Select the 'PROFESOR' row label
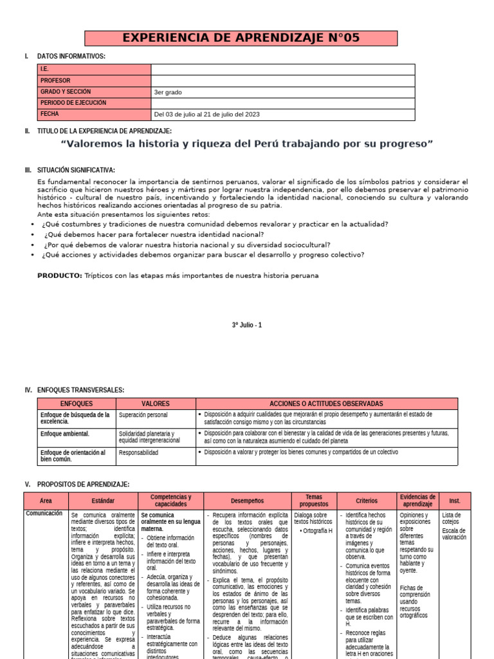[x=55, y=81]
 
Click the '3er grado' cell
[x=168, y=93]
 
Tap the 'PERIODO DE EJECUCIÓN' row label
[x=73, y=103]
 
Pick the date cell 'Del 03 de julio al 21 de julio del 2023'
[x=206, y=115]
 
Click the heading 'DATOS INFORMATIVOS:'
[x=71, y=57]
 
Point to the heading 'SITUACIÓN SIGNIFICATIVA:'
[x=76, y=171]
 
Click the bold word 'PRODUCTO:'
[x=59, y=275]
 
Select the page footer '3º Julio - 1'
[x=247, y=326]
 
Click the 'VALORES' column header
[x=155, y=404]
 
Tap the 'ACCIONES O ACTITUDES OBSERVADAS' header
[x=326, y=404]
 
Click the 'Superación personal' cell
[x=143, y=415]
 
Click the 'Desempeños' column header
[x=247, y=501]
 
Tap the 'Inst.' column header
[x=455, y=501]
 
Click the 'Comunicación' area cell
[x=44, y=514]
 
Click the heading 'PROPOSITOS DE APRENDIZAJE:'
[x=84, y=485]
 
